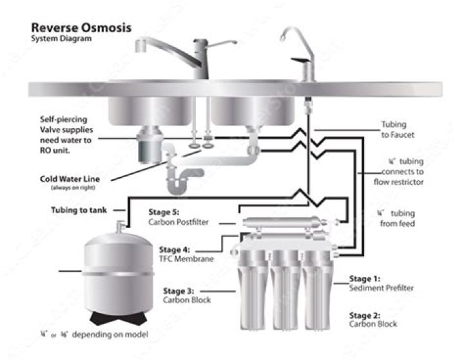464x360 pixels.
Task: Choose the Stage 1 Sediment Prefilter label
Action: pyautogui.click(x=381, y=283)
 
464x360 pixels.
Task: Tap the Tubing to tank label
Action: pyautogui.click(x=81, y=210)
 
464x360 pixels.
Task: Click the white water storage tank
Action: pyautogui.click(x=119, y=270)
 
